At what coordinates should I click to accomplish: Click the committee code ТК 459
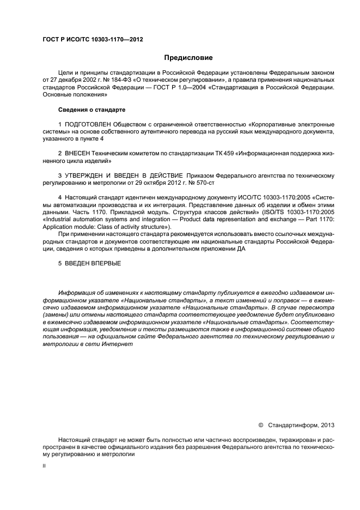(x=225, y=154)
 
